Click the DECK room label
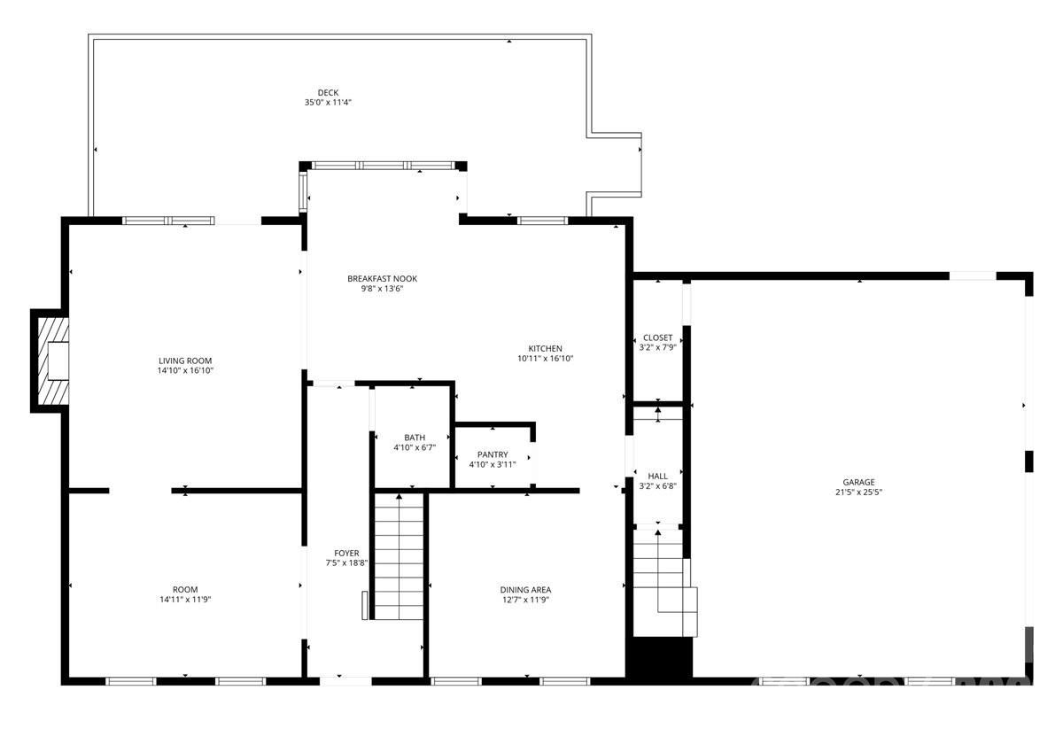[x=328, y=92]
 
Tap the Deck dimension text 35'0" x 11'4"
[x=328, y=103]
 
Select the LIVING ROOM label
[x=185, y=361]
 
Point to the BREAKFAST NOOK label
[x=382, y=278]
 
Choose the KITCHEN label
[x=545, y=348]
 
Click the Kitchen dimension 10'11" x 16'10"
[x=546, y=359]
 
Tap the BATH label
[x=415, y=437]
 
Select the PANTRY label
[x=492, y=454]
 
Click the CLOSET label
[x=657, y=337]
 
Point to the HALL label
[x=657, y=476]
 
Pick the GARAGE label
[x=858, y=482]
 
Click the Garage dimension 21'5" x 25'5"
[x=858, y=492]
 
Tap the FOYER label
[x=346, y=553]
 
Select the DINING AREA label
[x=526, y=589]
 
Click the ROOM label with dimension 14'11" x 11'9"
[x=185, y=589]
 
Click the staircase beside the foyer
[x=400, y=556]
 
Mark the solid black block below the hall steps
[x=659, y=658]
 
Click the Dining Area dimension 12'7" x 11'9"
[x=526, y=600]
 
